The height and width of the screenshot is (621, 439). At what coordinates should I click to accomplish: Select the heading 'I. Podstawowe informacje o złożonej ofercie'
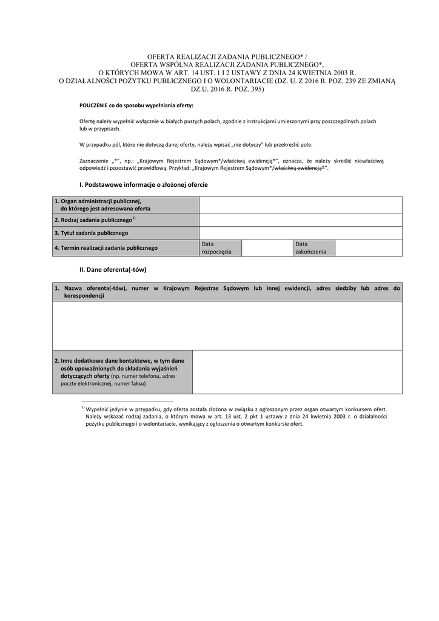coord(143,184)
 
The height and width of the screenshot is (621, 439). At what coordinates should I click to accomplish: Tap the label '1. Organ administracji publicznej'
coord(98,201)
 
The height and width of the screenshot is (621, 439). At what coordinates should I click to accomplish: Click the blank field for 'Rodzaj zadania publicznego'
coord(300,220)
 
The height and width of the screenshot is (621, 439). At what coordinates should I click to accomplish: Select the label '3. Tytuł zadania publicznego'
coord(91,233)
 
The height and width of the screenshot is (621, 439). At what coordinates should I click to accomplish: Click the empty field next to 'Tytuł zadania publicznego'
coord(300,233)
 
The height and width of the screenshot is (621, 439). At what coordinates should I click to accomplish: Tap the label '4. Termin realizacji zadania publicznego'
coord(106,247)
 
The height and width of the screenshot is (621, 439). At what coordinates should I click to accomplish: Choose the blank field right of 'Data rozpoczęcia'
coord(267,247)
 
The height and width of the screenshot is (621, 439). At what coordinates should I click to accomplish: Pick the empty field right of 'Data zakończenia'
coord(368,247)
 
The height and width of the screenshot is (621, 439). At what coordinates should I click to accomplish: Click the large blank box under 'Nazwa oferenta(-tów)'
coord(227,325)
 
